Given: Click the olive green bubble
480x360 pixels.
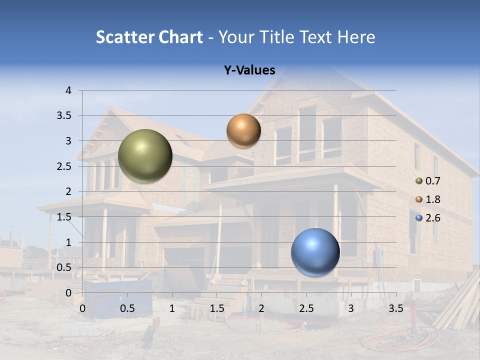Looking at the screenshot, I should pos(145,156).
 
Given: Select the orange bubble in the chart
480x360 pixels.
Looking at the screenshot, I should pos(243,130).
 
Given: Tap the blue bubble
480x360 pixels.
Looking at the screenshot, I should pos(315,252).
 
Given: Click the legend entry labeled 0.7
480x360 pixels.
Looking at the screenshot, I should pos(428,181).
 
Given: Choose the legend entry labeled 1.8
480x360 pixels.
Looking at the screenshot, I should pos(428,199).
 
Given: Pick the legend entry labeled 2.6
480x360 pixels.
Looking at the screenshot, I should pos(428,218).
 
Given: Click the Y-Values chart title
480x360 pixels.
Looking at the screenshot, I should pos(249,70).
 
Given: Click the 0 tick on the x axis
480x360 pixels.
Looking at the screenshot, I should pos(82,308).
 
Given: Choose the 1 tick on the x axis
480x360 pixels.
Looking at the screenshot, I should pos(172,308).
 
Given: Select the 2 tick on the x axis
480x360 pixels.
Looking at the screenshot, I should pos(261,308).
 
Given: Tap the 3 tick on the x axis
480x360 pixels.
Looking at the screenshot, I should pos(351,308).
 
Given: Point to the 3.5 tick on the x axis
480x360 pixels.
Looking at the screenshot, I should pos(395,308).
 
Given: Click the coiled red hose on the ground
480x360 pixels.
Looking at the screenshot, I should pos(395,336).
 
